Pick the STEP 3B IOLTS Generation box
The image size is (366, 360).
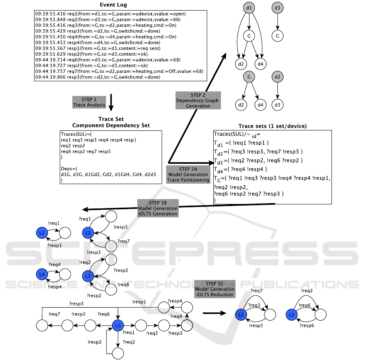pyautogui.click(x=157, y=208)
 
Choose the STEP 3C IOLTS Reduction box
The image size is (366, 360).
pyautogui.click(x=214, y=289)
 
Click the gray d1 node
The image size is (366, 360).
pyautogui.click(x=248, y=8)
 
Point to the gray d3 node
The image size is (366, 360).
pyautogui.click(x=277, y=8)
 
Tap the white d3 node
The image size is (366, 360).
pyautogui.click(x=277, y=105)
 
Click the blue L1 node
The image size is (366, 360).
pyautogui.click(x=41, y=233)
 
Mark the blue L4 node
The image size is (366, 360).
pyautogui.click(x=41, y=275)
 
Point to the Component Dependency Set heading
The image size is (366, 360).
pyautogui.click(x=111, y=126)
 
